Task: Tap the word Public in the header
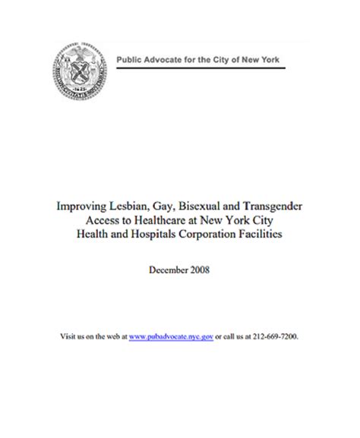[x=128, y=60]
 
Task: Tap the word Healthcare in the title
[x=159, y=219]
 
